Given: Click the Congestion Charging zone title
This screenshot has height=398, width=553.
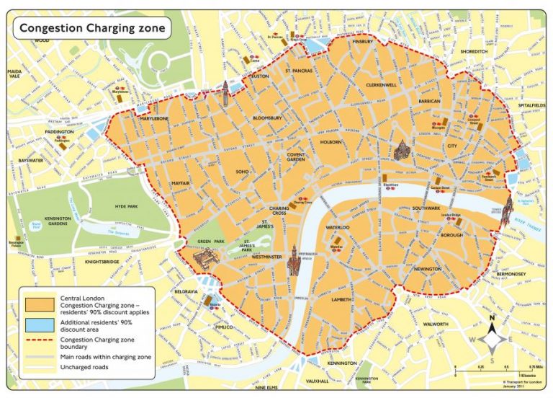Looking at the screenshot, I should (x=92, y=29).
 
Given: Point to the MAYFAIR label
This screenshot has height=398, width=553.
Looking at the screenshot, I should (x=180, y=184).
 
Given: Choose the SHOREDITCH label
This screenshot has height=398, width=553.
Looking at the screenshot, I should (x=473, y=52).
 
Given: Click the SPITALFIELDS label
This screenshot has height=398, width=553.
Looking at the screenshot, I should (x=532, y=105).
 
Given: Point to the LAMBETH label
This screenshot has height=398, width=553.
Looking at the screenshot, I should (x=341, y=299).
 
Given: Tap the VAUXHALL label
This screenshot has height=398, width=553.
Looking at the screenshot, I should (x=317, y=381).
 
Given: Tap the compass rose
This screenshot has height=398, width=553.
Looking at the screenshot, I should (x=491, y=337).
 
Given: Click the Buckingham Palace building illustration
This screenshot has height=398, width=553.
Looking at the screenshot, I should (x=205, y=257).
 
